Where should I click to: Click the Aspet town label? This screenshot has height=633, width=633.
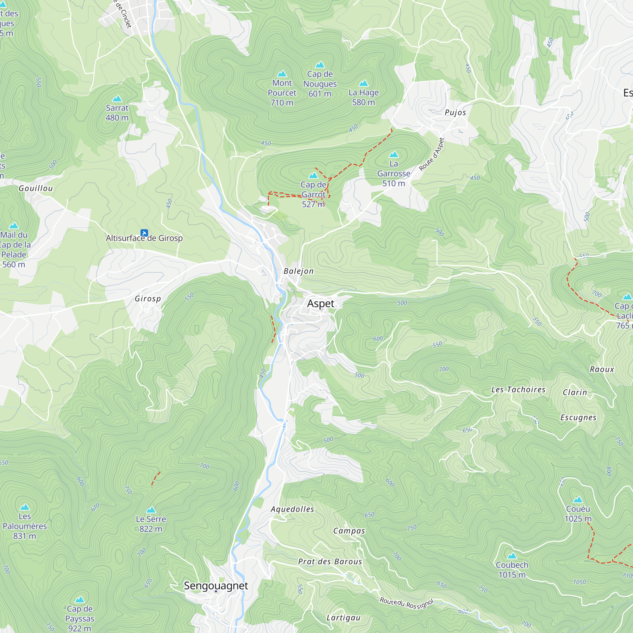click(320, 304)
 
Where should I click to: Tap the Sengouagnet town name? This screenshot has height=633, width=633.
click(216, 586)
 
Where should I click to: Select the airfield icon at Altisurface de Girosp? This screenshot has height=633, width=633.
click(144, 233)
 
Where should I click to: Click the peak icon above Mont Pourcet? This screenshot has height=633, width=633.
click(282, 74)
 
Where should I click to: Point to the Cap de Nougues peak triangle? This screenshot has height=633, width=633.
click(320, 65)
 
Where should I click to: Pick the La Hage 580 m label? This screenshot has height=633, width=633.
click(363, 97)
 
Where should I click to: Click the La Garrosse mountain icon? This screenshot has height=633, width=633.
click(393, 154)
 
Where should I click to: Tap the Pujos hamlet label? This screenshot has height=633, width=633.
click(455, 113)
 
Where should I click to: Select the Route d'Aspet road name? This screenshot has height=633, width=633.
click(432, 154)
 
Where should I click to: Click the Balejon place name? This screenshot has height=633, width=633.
click(298, 271)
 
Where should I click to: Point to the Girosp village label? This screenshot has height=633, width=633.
click(148, 299)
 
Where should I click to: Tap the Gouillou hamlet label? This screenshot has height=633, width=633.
click(36, 188)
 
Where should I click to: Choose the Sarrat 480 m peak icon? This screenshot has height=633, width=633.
click(117, 99)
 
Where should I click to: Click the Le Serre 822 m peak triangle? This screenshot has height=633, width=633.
click(151, 510)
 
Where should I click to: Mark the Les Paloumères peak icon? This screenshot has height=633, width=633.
click(25, 507)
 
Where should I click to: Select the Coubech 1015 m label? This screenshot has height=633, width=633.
click(512, 569)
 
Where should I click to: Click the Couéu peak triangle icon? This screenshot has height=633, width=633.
click(578, 500)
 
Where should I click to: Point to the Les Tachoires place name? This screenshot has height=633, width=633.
click(518, 390)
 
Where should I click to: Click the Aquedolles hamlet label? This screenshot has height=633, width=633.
click(292, 509)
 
